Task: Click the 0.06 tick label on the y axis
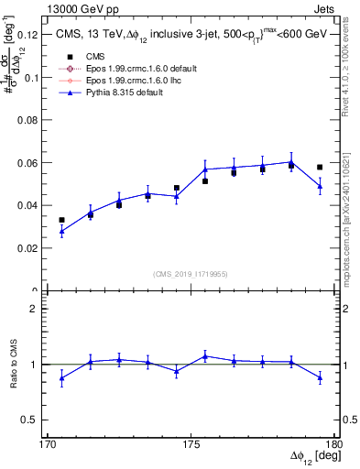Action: (31, 163)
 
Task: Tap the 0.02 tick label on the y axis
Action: (31, 248)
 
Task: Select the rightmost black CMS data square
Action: (320, 168)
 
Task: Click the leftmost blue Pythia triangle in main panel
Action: (61, 232)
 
